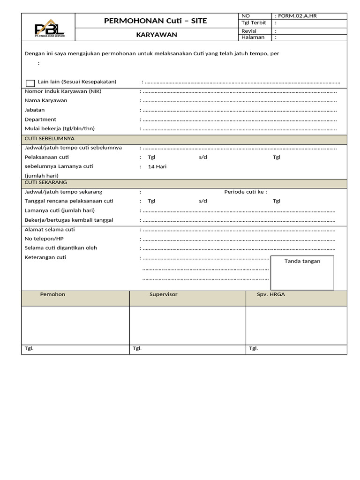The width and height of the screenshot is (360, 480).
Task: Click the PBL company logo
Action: point(49,28)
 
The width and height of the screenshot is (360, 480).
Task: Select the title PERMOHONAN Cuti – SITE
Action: point(155,21)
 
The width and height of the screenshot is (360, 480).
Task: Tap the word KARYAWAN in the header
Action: point(157,35)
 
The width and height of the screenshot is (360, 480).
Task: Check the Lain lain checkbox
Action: point(30,83)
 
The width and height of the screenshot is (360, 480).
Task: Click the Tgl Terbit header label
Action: point(254,23)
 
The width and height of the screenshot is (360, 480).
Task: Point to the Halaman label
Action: point(253,37)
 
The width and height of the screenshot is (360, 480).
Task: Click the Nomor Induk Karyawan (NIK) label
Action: point(63,91)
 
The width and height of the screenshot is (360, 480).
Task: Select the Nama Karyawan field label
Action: point(46,101)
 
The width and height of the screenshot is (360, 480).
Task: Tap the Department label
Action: point(40,120)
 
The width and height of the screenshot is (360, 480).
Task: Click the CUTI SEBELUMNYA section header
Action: point(49,139)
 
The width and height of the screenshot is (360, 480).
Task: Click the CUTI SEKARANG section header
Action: point(46,182)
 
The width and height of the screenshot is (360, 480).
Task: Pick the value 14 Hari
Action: point(157,167)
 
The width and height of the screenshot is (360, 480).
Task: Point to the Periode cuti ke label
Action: point(246,192)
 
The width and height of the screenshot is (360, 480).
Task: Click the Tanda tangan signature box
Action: point(302,273)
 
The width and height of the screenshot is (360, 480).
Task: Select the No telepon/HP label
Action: point(44,239)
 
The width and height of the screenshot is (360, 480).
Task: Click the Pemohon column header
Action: point(53,294)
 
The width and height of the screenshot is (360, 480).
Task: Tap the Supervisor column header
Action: point(163,294)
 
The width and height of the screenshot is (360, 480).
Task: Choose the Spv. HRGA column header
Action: point(270,294)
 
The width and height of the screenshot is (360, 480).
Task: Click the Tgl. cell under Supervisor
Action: point(137,349)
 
